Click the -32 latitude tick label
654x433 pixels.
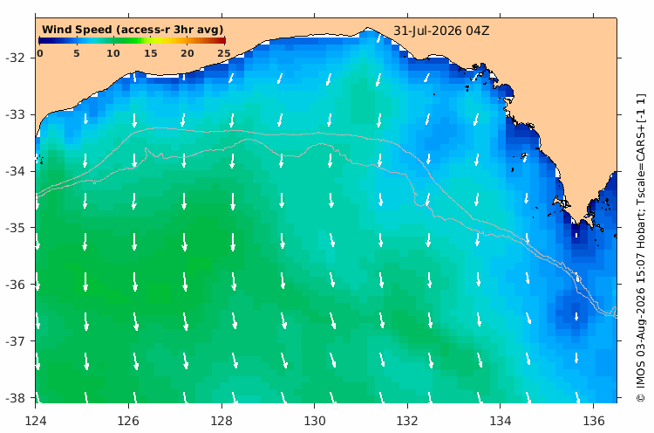pos(15,58)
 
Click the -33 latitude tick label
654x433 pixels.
pos(15,114)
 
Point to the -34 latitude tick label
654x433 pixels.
pos(15,171)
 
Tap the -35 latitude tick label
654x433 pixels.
pos(15,228)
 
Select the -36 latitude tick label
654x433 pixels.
pos(15,285)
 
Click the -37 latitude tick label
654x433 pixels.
pos(15,341)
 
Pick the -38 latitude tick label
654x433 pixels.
pos(15,398)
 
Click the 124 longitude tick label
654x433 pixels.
pos(36,421)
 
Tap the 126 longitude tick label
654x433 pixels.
pos(128,421)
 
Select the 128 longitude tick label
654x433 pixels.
pos(221,421)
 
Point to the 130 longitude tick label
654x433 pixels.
pos(315,421)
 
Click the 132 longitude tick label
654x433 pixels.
pos(407,421)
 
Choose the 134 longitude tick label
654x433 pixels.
pos(501,421)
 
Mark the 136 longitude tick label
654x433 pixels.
pos(594,421)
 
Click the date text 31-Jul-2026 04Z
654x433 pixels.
pos(441,31)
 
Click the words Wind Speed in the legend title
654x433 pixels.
pos(77,30)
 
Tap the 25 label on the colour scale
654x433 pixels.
pos(224,53)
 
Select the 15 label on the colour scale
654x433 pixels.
pos(151,53)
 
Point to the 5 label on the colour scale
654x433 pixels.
pos(77,53)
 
